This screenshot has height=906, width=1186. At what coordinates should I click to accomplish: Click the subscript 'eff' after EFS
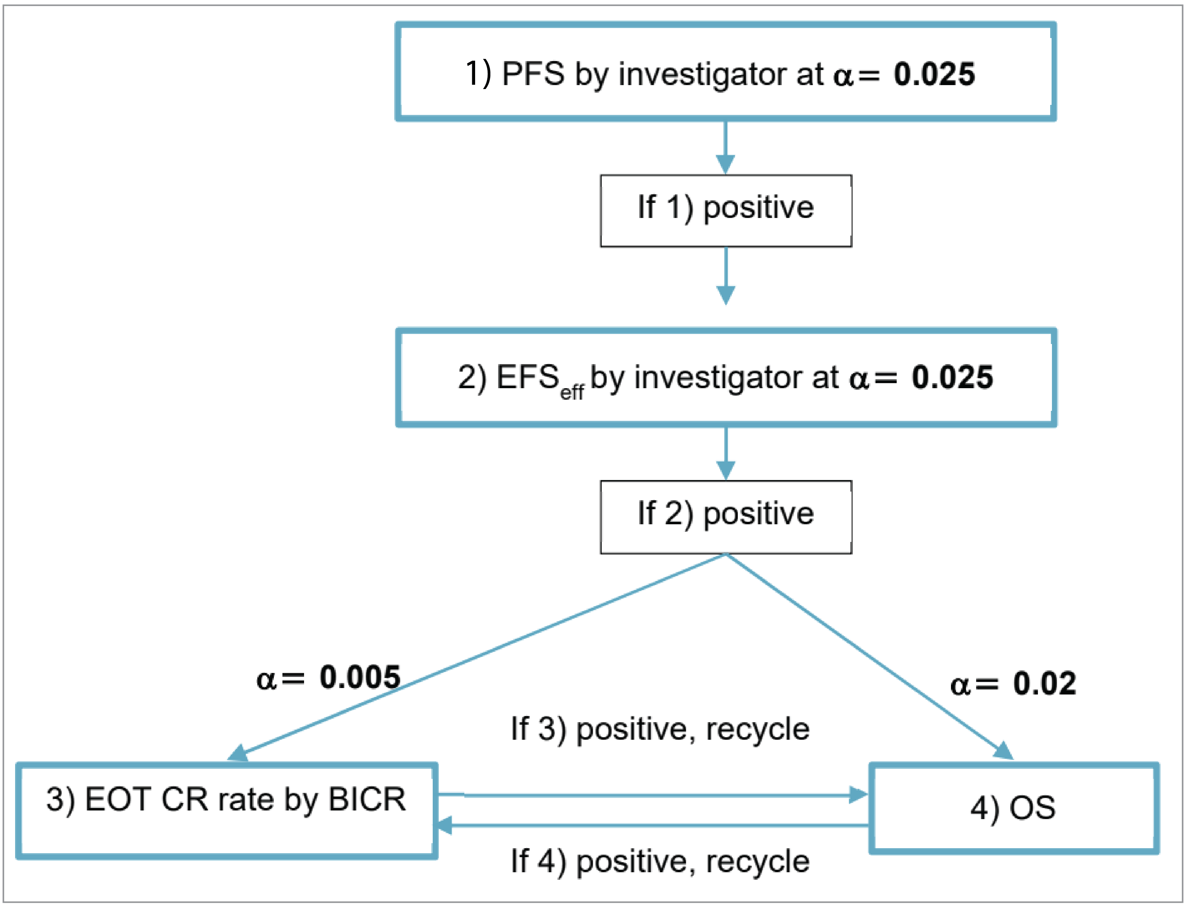point(572,392)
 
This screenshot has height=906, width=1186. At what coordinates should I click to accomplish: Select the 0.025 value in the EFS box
point(952,377)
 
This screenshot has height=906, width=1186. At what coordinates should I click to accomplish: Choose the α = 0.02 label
point(1013,684)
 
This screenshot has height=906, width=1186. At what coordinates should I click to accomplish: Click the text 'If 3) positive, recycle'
point(660,729)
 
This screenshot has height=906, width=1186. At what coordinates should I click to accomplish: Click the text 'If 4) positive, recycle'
point(660,861)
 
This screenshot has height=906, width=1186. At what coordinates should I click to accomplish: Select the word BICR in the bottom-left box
point(367,799)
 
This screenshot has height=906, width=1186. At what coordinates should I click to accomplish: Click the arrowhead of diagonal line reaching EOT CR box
point(238,753)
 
